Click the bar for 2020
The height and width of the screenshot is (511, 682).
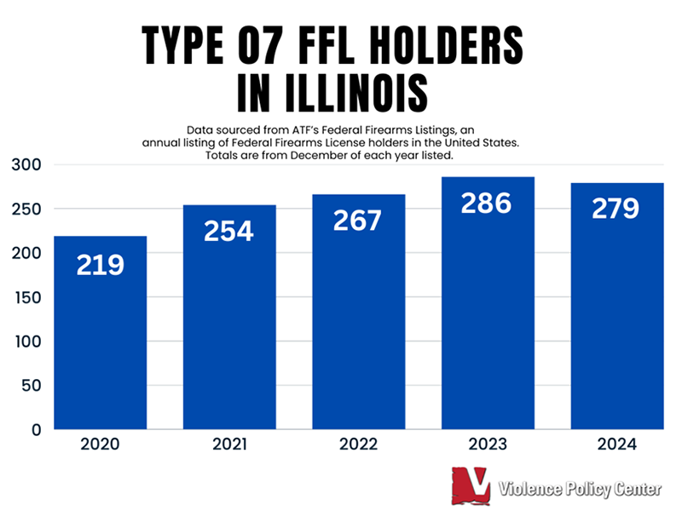(x=100, y=341)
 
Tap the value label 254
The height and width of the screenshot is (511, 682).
(x=228, y=230)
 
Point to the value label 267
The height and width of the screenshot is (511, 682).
(x=358, y=219)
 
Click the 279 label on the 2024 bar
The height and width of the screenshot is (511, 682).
(x=616, y=208)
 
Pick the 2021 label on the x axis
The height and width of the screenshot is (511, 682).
(x=228, y=445)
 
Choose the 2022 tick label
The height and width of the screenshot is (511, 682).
(x=358, y=445)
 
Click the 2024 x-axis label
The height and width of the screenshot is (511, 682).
(x=616, y=445)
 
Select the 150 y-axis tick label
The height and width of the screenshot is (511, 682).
(x=28, y=297)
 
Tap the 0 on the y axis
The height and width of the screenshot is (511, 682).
(x=37, y=429)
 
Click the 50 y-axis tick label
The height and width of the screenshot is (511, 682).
(x=32, y=385)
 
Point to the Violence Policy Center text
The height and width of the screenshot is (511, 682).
(x=581, y=489)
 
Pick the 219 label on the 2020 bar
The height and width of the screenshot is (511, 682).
(x=100, y=265)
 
